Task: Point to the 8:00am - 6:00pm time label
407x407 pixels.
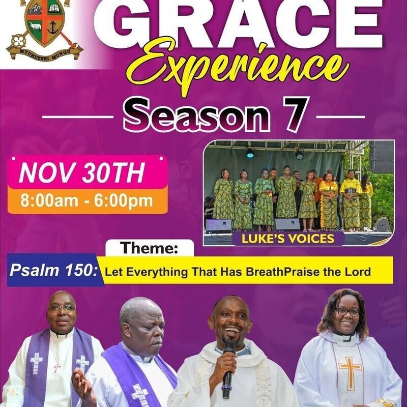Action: [86, 200]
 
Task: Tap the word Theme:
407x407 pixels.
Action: [150, 249]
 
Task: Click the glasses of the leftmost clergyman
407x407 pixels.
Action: [62, 308]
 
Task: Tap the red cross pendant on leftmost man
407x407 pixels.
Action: [56, 367]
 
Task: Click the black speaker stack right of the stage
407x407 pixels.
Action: [382, 157]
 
